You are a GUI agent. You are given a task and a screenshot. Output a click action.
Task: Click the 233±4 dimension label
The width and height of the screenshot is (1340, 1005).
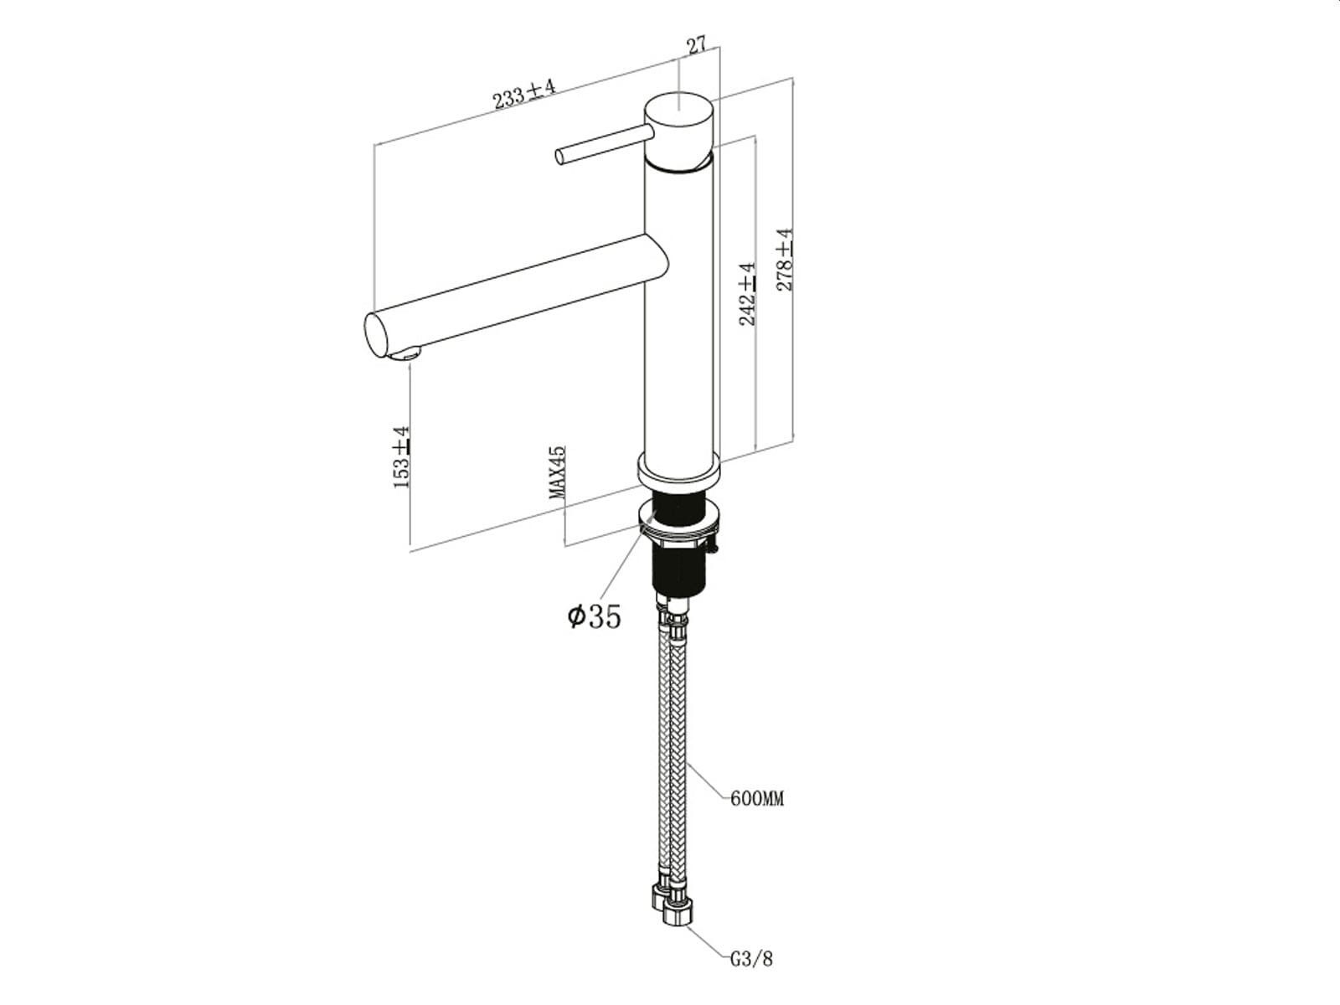pyautogui.click(x=524, y=93)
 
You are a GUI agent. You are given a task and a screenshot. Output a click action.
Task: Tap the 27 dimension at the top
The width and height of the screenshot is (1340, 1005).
pyautogui.click(x=696, y=45)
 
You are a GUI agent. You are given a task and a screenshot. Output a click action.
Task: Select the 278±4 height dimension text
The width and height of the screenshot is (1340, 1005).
pyautogui.click(x=784, y=260)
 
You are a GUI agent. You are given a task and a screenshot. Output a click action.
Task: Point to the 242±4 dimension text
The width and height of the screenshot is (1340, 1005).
pyautogui.click(x=747, y=294)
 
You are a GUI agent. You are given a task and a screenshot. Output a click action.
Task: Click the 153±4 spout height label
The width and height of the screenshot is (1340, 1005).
pyautogui.click(x=401, y=457)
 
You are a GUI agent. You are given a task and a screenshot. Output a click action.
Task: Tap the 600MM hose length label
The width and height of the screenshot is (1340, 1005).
pyautogui.click(x=757, y=798)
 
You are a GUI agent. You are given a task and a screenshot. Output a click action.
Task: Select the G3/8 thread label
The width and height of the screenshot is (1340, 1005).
pyautogui.click(x=751, y=959)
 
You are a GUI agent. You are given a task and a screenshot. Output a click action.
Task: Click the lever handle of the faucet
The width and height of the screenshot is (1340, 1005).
pyautogui.click(x=605, y=144)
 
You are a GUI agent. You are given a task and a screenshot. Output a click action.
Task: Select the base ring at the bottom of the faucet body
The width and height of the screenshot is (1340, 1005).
pyautogui.click(x=679, y=471)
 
